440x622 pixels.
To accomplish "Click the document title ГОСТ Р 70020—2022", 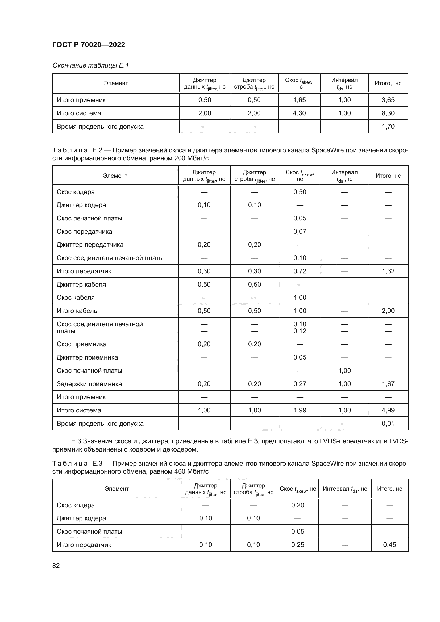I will coord(89,45).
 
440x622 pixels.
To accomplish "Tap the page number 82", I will coord(56,566).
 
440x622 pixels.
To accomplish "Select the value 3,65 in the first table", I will coord(388,100).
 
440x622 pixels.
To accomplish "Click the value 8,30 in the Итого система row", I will coord(388,113).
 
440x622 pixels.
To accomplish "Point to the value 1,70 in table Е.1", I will coord(388,127).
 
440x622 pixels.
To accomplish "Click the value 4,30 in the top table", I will coord(299,113).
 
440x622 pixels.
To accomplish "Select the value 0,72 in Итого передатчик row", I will coord(300,271).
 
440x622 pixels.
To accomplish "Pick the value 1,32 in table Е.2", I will coord(388,271).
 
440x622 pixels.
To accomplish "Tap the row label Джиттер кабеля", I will coord(81,285).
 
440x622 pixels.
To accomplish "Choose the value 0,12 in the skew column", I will coord(300,331).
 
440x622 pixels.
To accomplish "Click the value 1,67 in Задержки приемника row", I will coord(388,384).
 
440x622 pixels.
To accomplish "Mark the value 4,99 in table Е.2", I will coord(388,410).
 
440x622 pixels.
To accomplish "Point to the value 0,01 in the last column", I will coord(388,423).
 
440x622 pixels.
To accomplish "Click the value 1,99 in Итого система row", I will coord(300,410).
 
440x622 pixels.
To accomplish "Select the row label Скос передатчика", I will coord(84,232).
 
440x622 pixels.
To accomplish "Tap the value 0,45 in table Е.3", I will coord(389,545).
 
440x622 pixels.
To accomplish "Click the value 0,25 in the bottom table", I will coord(297,545).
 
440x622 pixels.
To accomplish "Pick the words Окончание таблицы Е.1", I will coord(90,65).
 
